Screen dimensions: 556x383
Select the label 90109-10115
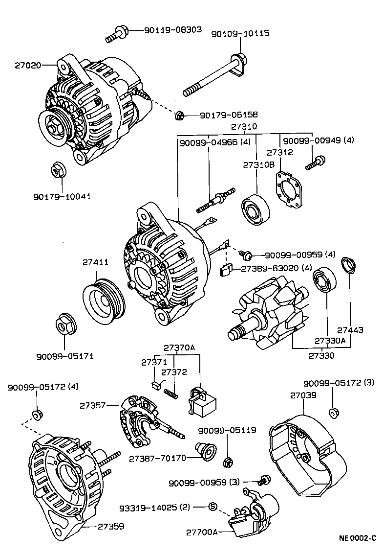pos(240,34)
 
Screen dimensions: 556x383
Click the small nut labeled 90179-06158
pos(180,116)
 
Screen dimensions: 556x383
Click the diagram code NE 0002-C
pos(357,538)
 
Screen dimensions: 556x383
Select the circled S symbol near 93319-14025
pos(213,507)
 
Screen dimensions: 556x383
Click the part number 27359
pos(110,527)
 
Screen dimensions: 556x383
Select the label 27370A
pos(179,348)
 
